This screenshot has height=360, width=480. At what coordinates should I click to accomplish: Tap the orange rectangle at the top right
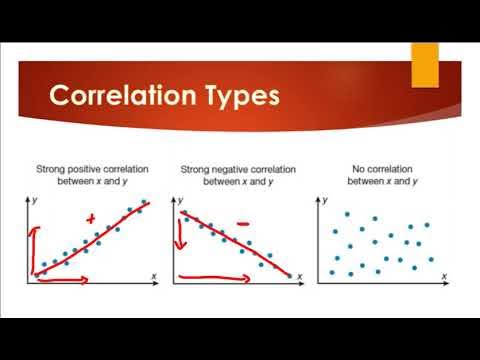pyautogui.click(x=426, y=65)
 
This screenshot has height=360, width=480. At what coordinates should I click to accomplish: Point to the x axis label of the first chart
pyautogui.click(x=154, y=273)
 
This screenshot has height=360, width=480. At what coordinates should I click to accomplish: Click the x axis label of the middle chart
pyautogui.click(x=301, y=273)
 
